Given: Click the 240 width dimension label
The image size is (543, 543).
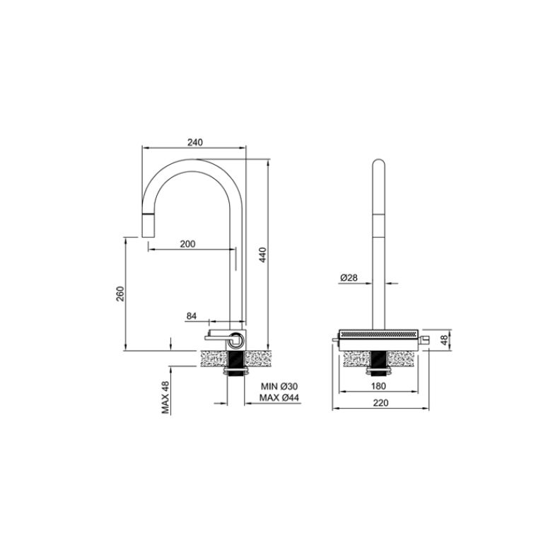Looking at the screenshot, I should [195, 142].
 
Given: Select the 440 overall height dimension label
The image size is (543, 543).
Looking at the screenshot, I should [262, 255].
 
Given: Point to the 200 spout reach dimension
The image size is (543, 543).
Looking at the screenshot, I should [187, 244].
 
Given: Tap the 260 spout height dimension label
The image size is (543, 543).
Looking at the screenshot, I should [120, 293].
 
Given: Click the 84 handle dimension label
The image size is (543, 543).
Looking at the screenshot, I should [192, 315].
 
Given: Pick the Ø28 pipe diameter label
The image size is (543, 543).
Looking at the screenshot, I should [348, 279].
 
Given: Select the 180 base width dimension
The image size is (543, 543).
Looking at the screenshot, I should [380, 386].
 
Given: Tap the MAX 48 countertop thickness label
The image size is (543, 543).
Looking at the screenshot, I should [165, 397].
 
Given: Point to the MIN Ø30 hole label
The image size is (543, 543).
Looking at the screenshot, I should [279, 386].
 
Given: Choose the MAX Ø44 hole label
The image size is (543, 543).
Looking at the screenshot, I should [279, 398].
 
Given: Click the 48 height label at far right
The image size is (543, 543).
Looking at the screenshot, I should [444, 339].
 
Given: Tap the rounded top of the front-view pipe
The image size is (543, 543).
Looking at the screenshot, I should [379, 165].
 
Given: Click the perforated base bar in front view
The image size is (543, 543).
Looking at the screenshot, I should [380, 333].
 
